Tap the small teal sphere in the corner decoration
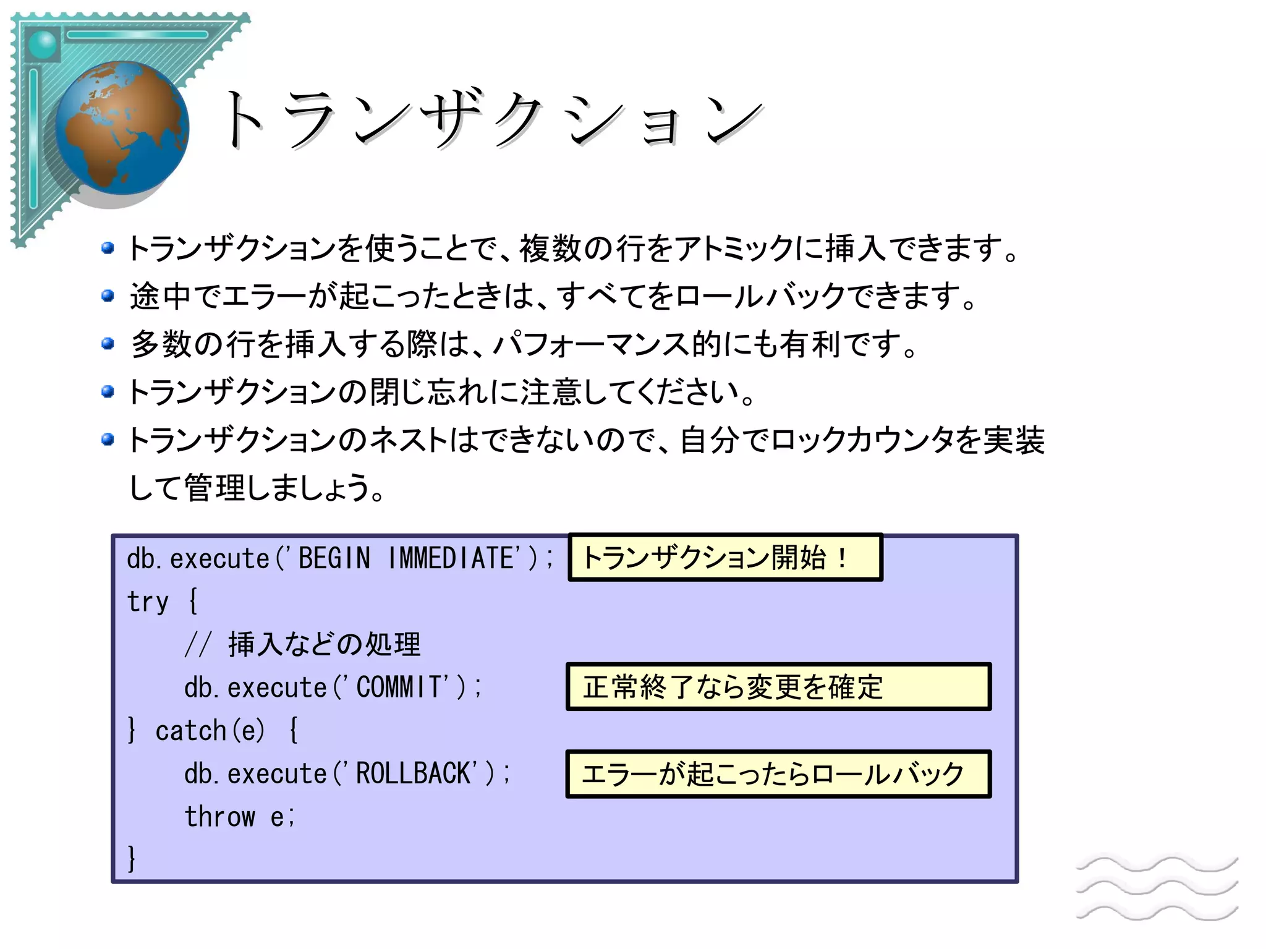[43, 44]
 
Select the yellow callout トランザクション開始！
[724, 558]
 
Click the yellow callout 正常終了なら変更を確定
[778, 687]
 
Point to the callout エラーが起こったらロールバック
[778, 774]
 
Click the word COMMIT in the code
[399, 687]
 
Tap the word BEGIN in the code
[334, 558]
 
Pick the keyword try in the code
[147, 602]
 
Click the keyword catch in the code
[190, 731]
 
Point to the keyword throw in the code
[219, 817]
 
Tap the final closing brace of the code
[131, 858]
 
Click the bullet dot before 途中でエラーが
[108, 296]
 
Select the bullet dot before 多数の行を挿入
[108, 343]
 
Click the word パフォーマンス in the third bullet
[590, 344]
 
